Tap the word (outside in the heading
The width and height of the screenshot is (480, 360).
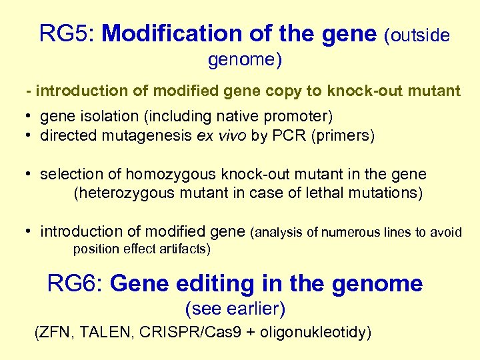417,35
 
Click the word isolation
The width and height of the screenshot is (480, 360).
107,117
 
